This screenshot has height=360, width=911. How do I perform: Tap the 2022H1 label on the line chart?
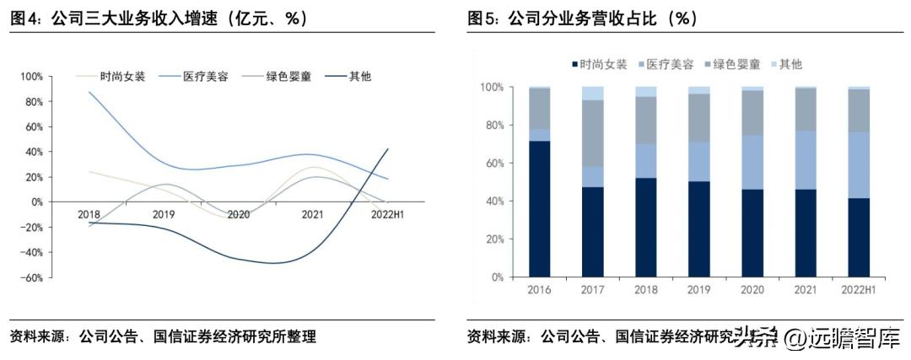coord(388,214)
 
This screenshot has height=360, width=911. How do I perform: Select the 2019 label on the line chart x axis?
coord(164,214)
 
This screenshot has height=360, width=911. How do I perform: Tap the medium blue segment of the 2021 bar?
coord(806,160)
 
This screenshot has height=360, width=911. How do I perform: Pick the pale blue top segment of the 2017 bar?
coord(593,93)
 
